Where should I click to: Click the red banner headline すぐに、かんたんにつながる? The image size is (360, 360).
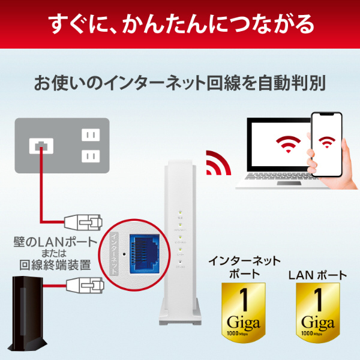pos(180,25)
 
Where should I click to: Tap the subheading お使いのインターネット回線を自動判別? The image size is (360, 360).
pos(180,82)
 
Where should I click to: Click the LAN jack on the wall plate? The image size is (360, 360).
pos(40,145)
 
